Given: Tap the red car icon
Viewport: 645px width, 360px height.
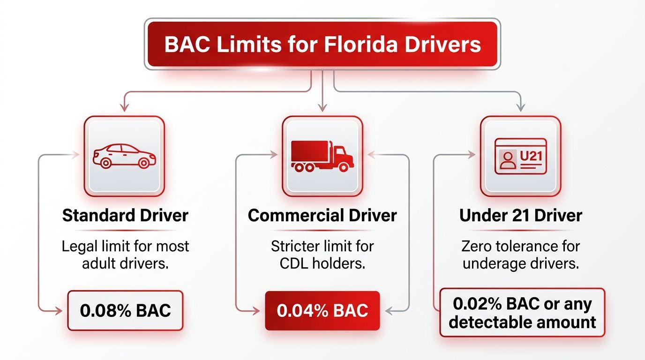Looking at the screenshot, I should (124, 156).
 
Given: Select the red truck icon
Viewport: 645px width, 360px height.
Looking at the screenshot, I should (322, 156).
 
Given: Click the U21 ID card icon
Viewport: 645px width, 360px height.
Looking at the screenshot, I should (520, 156).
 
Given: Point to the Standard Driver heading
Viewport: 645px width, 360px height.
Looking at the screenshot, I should (125, 216).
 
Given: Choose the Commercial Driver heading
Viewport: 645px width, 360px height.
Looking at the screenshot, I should (322, 216).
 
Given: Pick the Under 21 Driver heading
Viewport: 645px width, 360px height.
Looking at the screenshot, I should (520, 216).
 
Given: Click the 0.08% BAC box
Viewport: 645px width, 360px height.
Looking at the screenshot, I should (125, 311).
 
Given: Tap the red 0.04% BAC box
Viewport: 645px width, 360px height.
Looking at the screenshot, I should (322, 311).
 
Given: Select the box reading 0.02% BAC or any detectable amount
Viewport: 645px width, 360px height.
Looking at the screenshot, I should (522, 313).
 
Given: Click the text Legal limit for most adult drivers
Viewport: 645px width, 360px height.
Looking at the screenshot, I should (125, 255).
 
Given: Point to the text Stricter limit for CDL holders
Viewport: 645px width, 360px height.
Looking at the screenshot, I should (322, 255).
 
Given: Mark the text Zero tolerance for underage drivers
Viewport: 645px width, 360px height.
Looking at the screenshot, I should (520, 255).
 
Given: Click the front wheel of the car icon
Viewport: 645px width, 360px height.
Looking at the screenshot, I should (144, 163).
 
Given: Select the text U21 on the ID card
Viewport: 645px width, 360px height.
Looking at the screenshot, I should (531, 155).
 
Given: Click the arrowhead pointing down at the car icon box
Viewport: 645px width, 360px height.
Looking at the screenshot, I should (124, 108).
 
